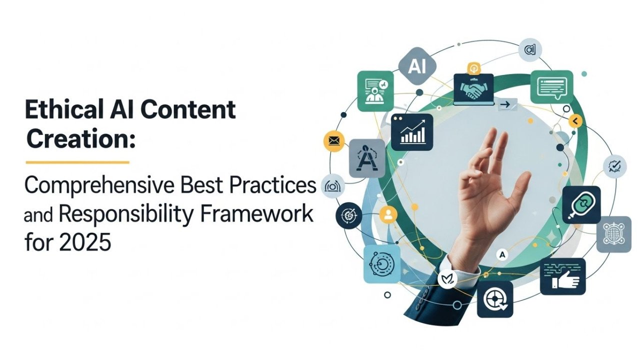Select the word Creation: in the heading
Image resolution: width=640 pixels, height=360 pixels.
pyautogui.click(x=80, y=138)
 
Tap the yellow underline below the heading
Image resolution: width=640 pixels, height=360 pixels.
pyautogui.click(x=77, y=162)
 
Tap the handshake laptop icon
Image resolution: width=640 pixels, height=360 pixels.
pyautogui.click(x=473, y=89)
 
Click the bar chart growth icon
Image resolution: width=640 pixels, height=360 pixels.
pyautogui.click(x=412, y=132)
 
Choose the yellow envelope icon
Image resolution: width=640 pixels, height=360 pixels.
pyautogui.click(x=334, y=141)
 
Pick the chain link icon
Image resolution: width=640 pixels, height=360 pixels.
pyautogui.click(x=580, y=204)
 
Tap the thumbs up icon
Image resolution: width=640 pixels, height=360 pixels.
pyautogui.click(x=562, y=277)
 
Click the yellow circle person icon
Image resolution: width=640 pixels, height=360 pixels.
pyautogui.click(x=388, y=214)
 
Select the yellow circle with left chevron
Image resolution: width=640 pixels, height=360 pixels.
pyautogui.click(x=575, y=120)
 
